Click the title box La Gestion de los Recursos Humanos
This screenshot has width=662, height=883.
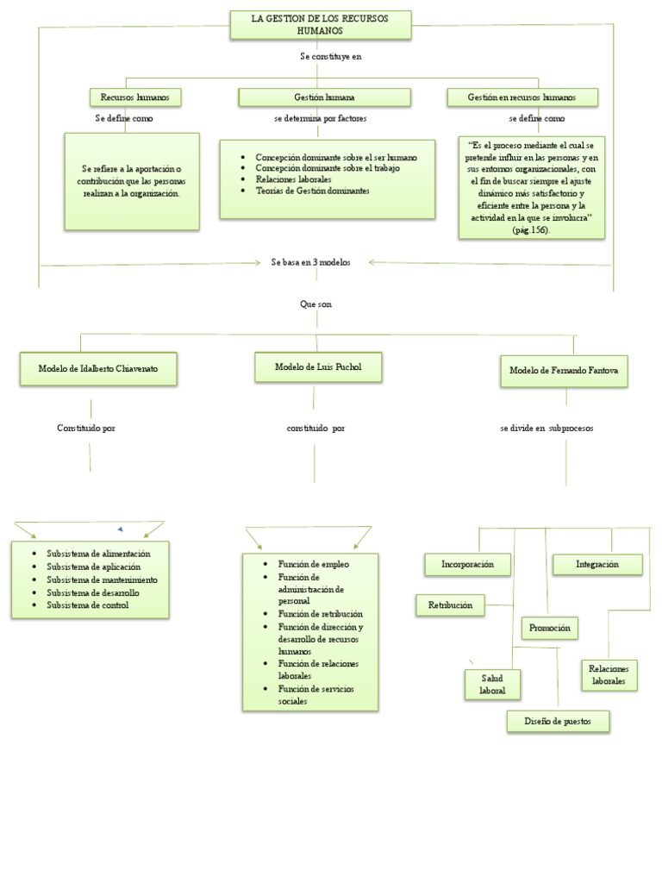(320, 25)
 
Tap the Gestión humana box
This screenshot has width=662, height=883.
(319, 97)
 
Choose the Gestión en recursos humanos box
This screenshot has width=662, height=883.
(521, 97)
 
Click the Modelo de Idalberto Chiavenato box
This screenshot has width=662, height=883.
(97, 368)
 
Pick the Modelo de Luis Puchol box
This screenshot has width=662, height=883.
(318, 366)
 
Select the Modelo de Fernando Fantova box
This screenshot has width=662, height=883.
(564, 370)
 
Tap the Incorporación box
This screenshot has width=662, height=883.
(467, 564)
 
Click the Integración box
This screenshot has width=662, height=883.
(597, 564)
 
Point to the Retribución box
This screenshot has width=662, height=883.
(450, 605)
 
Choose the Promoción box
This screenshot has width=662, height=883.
(550, 628)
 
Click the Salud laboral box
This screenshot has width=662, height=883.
(487, 685)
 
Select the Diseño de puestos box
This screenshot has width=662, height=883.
(559, 721)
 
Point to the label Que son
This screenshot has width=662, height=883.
(315, 304)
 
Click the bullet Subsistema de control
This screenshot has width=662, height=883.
(88, 605)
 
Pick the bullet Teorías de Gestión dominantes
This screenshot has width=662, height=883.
(312, 191)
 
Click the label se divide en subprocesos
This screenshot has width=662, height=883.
(546, 428)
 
